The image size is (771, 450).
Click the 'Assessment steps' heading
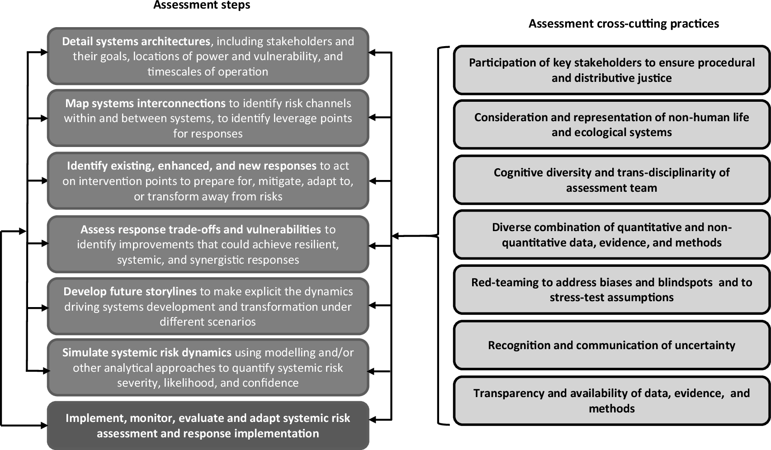(x=202, y=5)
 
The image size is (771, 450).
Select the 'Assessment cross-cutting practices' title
(x=624, y=24)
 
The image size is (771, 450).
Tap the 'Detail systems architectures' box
(x=208, y=56)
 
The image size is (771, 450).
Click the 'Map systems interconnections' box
(x=208, y=118)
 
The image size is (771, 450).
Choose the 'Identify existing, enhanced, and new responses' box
(x=208, y=181)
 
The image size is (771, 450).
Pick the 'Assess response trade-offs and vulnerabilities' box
(x=208, y=244)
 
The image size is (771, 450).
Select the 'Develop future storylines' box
(x=208, y=306)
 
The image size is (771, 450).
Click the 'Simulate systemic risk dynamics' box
(x=208, y=367)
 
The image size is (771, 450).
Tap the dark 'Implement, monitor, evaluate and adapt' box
(x=208, y=426)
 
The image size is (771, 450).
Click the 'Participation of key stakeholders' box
(x=611, y=70)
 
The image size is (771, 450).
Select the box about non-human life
(x=611, y=125)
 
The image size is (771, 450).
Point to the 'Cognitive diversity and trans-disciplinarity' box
(x=611, y=180)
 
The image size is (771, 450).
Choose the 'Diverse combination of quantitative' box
(x=611, y=235)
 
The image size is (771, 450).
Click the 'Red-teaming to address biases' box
(x=611, y=290)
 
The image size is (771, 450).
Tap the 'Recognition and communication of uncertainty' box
(x=611, y=345)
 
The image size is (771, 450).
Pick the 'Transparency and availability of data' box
(x=611, y=401)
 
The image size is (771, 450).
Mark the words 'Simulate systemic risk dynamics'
(x=147, y=353)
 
